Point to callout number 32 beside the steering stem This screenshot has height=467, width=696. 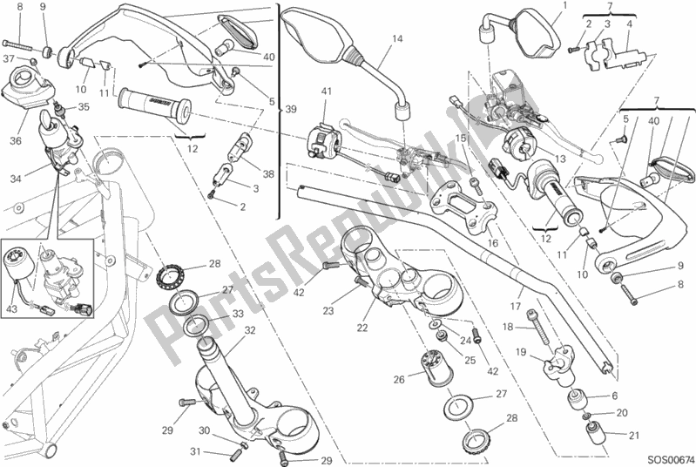pyautogui.click(x=249, y=330)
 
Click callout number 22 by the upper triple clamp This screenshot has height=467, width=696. pyautogui.click(x=362, y=328)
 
